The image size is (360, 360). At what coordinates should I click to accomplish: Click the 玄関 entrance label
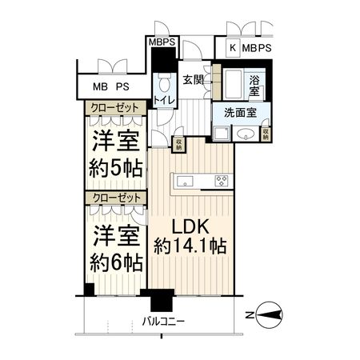point(192,80)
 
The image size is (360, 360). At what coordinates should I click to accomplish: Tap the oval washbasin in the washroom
point(249,134)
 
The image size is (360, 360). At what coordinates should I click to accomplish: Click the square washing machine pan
point(222,134)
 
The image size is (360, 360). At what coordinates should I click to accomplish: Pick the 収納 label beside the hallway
point(179,144)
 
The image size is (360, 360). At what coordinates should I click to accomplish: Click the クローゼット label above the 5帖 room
point(114,107)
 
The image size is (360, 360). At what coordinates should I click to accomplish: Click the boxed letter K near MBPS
point(233,48)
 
